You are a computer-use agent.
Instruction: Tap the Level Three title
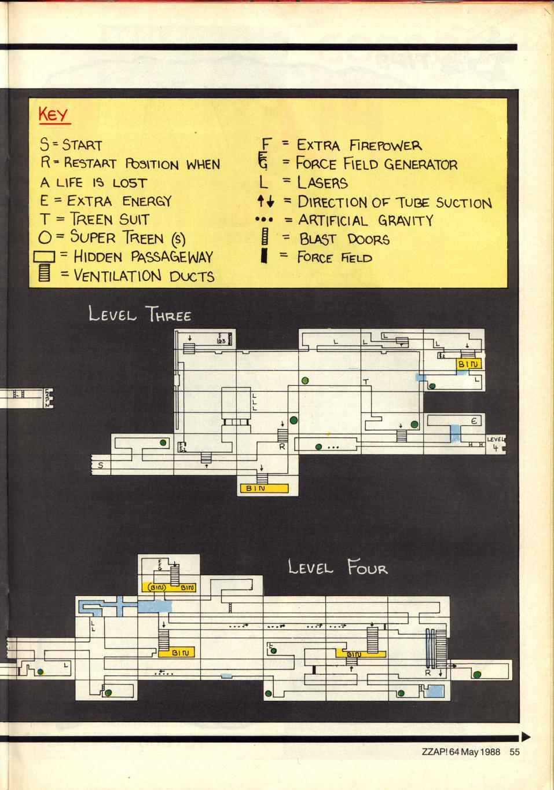pyautogui.click(x=140, y=315)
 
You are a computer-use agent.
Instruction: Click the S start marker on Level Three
pyautogui.click(x=100, y=465)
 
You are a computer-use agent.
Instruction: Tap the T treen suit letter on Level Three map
pyautogui.click(x=365, y=382)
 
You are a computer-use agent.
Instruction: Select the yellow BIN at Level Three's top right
pyautogui.click(x=469, y=364)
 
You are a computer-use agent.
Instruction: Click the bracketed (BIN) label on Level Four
pyautogui.click(x=157, y=587)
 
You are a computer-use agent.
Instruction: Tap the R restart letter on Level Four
pyautogui.click(x=428, y=673)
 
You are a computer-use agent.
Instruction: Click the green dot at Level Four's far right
pyautogui.click(x=477, y=674)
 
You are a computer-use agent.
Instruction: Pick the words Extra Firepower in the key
pyautogui.click(x=359, y=145)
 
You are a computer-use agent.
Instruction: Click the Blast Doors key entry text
pyautogui.click(x=344, y=239)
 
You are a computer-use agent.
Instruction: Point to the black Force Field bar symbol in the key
pyautogui.click(x=263, y=256)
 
